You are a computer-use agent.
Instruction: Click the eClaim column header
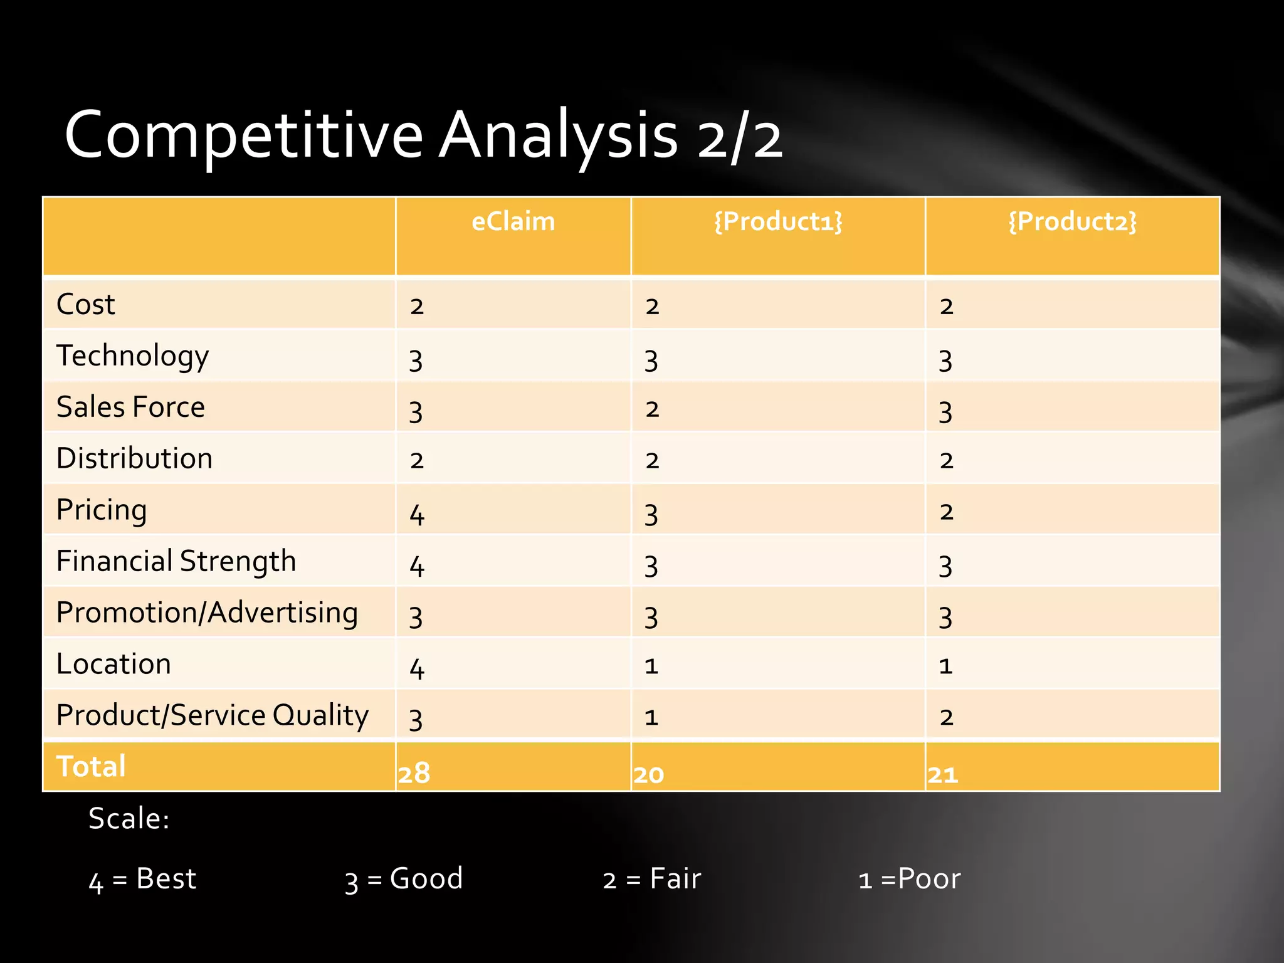(513, 222)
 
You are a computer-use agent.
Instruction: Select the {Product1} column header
(778, 222)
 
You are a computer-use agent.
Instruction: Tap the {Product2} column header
(1072, 222)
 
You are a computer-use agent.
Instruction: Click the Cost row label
(86, 305)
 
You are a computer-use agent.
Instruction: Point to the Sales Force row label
(130, 407)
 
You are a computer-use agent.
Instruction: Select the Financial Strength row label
(176, 561)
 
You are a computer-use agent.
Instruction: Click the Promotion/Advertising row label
(207, 613)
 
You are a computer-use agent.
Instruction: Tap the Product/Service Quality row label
(213, 715)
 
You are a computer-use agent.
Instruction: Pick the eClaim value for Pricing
(417, 515)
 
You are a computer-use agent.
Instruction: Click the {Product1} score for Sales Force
(652, 409)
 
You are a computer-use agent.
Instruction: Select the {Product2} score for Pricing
(946, 512)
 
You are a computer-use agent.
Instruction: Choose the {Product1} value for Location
(651, 666)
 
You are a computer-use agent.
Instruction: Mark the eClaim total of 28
(414, 773)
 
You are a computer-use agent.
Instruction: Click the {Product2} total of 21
(943, 775)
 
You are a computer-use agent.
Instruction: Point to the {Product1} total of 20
(649, 775)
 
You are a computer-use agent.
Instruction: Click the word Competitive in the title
(244, 136)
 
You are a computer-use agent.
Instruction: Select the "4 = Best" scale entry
(142, 879)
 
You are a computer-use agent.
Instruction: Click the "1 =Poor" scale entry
(909, 879)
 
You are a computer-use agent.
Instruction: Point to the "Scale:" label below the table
(129, 819)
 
